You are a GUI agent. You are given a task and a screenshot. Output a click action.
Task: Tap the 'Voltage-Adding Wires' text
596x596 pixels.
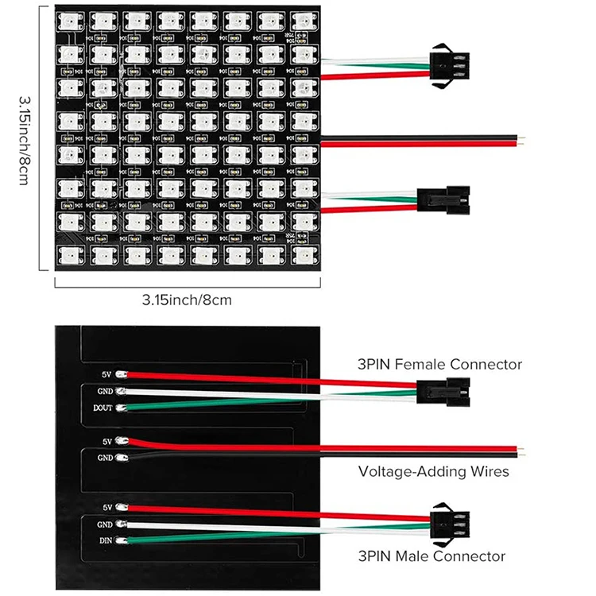click(x=434, y=471)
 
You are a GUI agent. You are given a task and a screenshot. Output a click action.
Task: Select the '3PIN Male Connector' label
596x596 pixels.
click(x=432, y=555)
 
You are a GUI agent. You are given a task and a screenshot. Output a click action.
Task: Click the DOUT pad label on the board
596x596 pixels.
click(x=102, y=408)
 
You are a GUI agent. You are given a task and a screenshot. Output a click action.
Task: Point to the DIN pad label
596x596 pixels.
click(x=105, y=541)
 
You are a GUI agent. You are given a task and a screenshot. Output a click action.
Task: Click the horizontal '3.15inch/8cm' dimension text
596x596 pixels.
click(x=187, y=300)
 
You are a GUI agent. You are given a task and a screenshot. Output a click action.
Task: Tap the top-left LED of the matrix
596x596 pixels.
click(x=68, y=21)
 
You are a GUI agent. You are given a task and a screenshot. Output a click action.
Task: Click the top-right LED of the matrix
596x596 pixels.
click(x=301, y=21)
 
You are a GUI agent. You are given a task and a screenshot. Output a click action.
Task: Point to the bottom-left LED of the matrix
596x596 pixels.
click(x=68, y=253)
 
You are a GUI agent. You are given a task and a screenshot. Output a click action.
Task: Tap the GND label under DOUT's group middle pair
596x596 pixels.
click(x=106, y=459)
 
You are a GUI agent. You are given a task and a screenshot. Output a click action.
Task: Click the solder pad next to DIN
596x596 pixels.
click(x=121, y=541)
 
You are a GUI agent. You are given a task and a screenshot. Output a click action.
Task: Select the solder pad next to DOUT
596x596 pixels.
click(x=121, y=408)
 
